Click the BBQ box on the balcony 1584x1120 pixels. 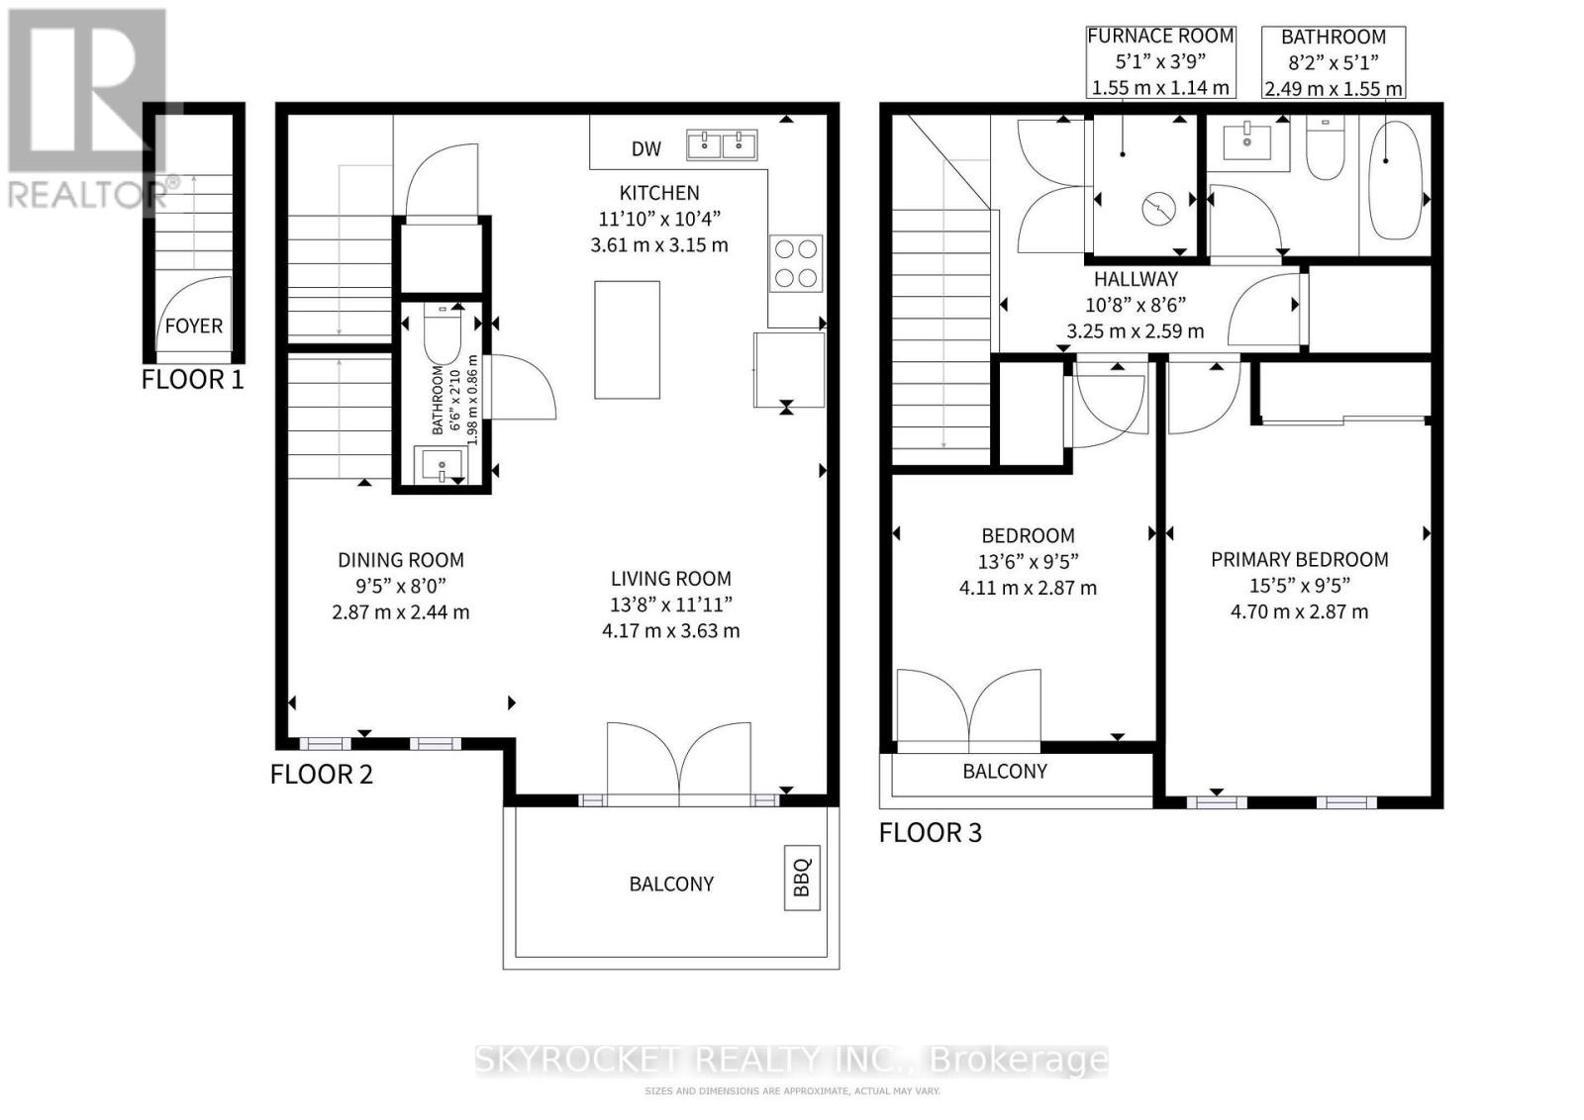point(802,878)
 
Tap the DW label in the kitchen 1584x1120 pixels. point(646,149)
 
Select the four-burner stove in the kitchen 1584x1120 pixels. point(796,263)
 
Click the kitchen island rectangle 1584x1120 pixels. point(628,340)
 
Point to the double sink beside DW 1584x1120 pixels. point(722,144)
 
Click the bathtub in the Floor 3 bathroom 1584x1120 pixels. point(1391,180)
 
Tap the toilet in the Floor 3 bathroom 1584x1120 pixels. point(1325,147)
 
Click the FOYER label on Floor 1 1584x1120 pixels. point(194,326)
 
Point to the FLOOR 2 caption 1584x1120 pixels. point(321,775)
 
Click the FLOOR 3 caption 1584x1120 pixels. point(931,833)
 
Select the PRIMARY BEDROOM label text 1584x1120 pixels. point(1300,560)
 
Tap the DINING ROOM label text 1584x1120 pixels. point(401,560)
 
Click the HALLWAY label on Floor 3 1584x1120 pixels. point(1136,278)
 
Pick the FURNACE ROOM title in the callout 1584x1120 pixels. point(1160,36)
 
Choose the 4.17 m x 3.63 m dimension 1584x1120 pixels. point(671,631)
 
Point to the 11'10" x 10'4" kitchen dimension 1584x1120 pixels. point(659,219)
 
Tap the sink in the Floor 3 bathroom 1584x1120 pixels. point(1246,140)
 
